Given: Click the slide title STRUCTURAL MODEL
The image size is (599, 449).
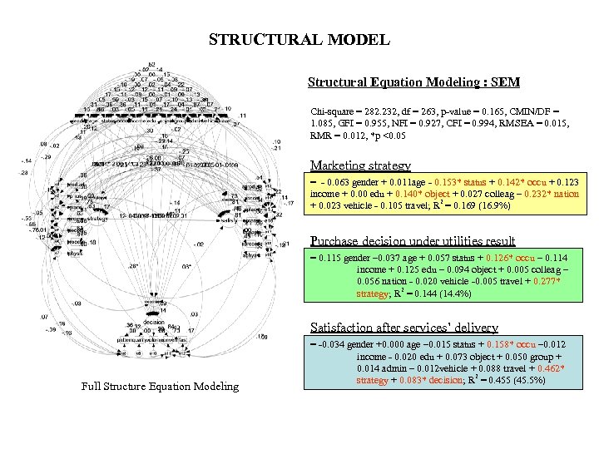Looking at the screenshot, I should [299, 40].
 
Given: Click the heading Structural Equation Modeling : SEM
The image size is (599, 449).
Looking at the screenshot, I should [413, 82].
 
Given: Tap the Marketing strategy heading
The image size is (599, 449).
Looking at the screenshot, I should [360, 165].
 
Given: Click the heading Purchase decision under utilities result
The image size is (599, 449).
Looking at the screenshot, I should [413, 241].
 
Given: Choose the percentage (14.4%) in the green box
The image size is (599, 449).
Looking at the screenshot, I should [457, 294].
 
